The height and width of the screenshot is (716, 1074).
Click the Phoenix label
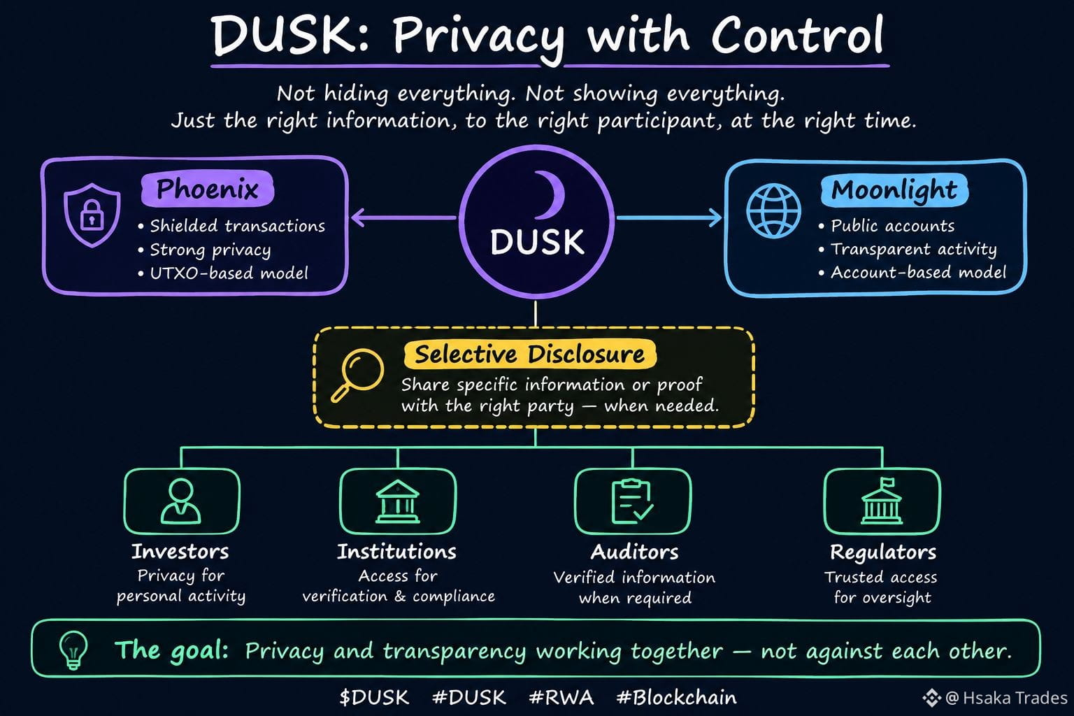[208, 189]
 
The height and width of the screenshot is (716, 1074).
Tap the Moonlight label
[894, 190]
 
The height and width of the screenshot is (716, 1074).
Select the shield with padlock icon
[92, 215]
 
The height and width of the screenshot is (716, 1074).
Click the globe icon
[773, 210]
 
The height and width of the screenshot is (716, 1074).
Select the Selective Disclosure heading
[530, 355]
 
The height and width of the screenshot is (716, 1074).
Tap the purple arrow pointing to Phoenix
[404, 217]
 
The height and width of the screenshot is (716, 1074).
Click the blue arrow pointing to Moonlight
[669, 217]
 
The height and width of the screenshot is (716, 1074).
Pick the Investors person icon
[181, 501]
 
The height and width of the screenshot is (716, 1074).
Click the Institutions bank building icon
[397, 501]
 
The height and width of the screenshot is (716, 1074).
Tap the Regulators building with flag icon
[882, 501]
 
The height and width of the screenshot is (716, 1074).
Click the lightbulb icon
[73, 650]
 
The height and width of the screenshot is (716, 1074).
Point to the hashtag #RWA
[561, 697]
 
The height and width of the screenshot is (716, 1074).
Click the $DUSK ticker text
[374, 697]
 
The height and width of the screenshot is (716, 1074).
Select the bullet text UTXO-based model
[229, 273]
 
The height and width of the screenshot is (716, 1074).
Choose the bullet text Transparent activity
[914, 250]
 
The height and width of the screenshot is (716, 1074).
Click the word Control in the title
[797, 36]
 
